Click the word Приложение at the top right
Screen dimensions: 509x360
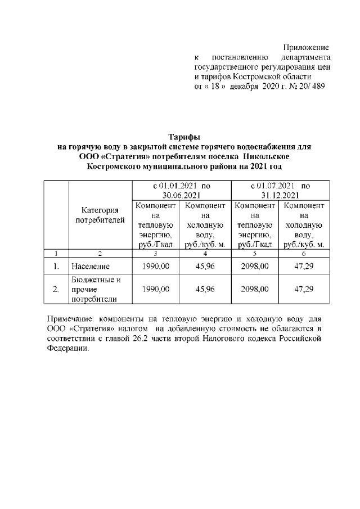pyautogui.click(x=306, y=47)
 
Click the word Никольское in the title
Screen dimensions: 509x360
pyautogui.click(x=265, y=156)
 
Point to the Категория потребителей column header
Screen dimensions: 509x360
pyautogui.click(x=100, y=215)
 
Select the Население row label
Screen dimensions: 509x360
pyautogui.click(x=91, y=265)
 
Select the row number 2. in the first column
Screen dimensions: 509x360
pyautogui.click(x=56, y=289)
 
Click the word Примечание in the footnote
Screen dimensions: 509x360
pyautogui.click(x=71, y=318)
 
